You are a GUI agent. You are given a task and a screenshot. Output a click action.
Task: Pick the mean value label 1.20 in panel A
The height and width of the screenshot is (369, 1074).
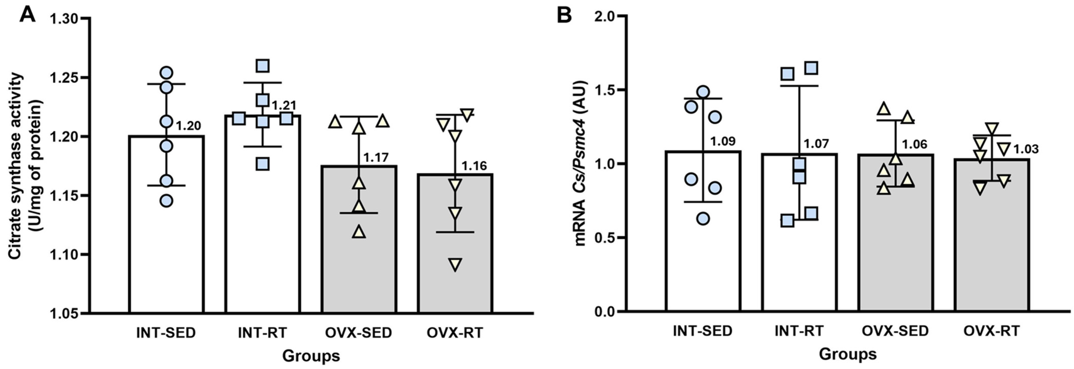click(x=189, y=126)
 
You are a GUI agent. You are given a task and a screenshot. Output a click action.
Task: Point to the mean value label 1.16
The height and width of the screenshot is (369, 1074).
click(x=474, y=166)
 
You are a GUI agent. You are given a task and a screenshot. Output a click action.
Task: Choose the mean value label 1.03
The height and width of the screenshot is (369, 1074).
click(x=1026, y=149)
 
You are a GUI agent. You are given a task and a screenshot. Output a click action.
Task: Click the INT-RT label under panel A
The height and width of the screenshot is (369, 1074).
click(x=263, y=333)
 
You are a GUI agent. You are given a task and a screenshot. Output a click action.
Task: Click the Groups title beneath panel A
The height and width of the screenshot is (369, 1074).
click(x=311, y=356)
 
